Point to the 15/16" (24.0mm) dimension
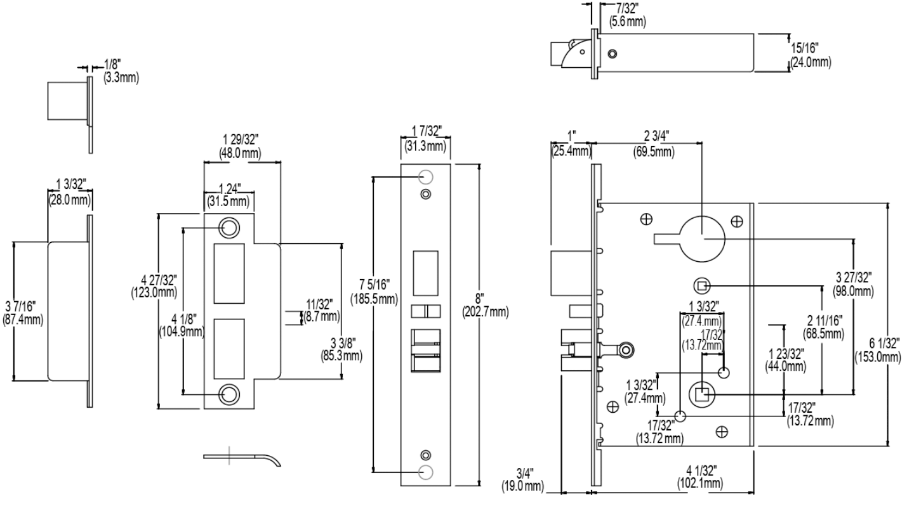click(810, 56)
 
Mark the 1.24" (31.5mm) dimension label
click(228, 195)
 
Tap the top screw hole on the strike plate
click(228, 228)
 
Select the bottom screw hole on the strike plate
click(228, 394)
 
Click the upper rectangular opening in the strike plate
click(228, 273)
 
